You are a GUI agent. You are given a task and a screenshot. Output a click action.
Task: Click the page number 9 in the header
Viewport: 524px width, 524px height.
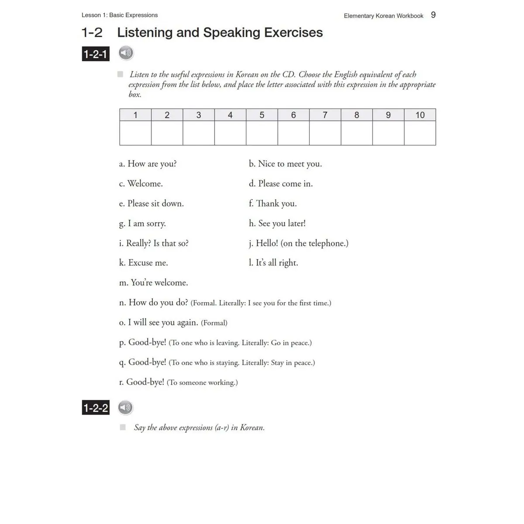(x=433, y=15)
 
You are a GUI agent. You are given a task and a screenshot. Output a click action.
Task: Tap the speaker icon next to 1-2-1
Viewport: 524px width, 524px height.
(x=126, y=53)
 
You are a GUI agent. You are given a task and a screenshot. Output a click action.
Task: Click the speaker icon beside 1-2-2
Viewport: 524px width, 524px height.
(x=125, y=408)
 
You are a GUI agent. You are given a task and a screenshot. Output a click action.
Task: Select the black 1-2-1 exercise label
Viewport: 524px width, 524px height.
(x=95, y=54)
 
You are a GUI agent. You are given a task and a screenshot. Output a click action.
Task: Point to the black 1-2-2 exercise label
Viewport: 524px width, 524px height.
(x=96, y=408)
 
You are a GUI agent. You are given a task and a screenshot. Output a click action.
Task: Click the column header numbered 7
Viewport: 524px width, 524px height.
(x=325, y=115)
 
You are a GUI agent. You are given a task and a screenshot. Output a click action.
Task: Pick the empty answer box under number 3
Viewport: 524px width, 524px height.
(x=199, y=133)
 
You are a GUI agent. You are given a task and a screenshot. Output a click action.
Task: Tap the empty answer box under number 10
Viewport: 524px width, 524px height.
(x=420, y=133)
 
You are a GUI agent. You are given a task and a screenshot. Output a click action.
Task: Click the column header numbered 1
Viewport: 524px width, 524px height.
(x=135, y=115)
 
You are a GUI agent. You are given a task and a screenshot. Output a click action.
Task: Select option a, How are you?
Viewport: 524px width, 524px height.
(x=148, y=164)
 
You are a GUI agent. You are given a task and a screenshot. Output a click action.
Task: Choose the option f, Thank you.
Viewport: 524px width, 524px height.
(x=272, y=203)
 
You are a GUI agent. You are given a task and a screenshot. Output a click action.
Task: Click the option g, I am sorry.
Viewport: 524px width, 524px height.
(x=142, y=224)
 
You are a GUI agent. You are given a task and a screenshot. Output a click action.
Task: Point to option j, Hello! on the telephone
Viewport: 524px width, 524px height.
(x=299, y=243)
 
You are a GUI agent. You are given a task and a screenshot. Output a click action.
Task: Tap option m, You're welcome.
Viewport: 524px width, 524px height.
(x=153, y=283)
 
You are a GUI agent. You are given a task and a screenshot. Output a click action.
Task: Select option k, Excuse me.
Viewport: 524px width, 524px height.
(x=143, y=263)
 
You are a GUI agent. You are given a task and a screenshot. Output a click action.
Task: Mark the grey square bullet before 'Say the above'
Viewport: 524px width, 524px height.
(x=123, y=427)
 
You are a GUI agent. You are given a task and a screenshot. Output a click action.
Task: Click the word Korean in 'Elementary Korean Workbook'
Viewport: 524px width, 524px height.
(x=385, y=16)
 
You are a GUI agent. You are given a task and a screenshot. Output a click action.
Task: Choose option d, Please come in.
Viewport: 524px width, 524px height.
(x=281, y=184)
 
